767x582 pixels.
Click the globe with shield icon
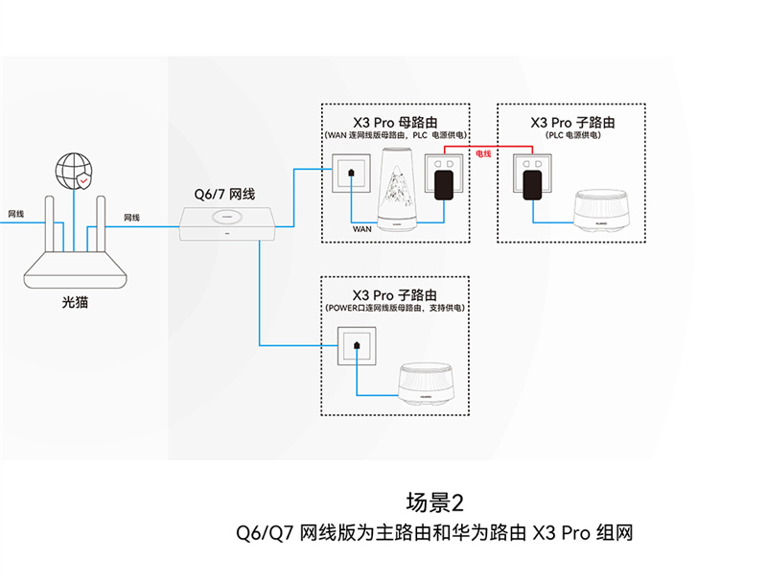[x=74, y=171]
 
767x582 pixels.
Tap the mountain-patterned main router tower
[x=396, y=192]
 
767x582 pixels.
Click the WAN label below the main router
[x=361, y=229]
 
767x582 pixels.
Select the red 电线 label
[x=483, y=153]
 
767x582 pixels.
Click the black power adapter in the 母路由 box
[x=443, y=182]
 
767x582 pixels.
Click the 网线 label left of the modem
[x=15, y=214]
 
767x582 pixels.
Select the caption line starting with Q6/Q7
[x=426, y=532]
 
